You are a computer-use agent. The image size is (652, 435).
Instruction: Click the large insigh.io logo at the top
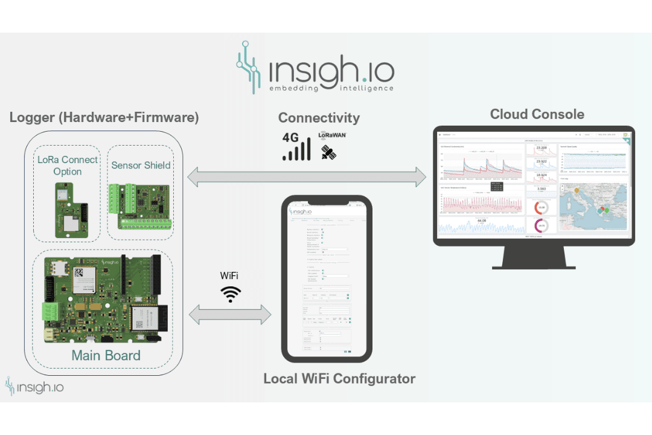point(315,68)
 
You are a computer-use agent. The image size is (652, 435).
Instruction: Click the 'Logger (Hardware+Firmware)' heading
point(104,117)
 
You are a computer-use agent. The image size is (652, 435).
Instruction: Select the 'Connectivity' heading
point(319,118)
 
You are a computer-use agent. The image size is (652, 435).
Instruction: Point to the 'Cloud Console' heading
point(537,114)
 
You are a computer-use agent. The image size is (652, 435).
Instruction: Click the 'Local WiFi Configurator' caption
point(339,379)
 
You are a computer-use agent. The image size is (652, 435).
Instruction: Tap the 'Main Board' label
point(106,355)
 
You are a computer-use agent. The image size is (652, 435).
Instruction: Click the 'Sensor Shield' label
point(141,165)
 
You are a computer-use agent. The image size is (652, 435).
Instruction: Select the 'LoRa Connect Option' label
point(68,166)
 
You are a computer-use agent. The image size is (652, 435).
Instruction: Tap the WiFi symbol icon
point(231,294)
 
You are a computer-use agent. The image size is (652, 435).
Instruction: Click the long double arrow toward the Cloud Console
point(307,176)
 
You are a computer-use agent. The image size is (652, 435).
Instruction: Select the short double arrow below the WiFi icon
point(230,314)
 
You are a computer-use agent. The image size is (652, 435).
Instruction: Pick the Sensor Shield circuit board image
point(140,207)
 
